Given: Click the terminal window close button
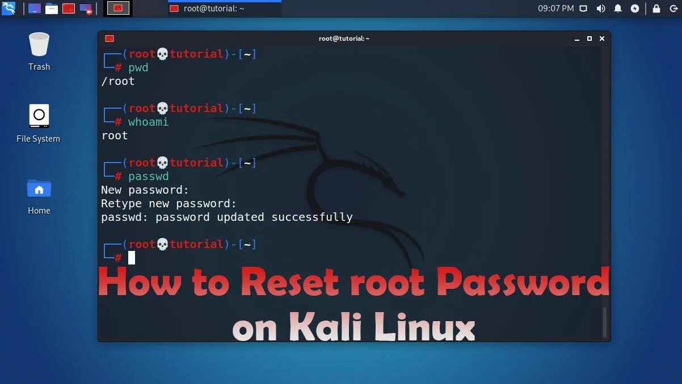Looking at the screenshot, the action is [602, 39].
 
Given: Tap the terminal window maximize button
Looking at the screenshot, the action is [590, 39].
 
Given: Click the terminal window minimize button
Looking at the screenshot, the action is [577, 39].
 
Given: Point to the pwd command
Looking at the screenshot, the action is [138, 68].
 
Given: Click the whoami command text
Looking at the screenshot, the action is [148, 122].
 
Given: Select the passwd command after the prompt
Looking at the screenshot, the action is [148, 177].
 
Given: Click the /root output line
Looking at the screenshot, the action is [118, 82].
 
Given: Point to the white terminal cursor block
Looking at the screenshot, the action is [132, 258].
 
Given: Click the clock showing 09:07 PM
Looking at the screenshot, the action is [555, 8].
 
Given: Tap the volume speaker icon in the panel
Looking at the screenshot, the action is [601, 8].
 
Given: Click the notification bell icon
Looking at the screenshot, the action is [618, 8].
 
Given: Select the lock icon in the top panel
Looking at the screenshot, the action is [656, 8].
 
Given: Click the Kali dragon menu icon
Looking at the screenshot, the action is [9, 8].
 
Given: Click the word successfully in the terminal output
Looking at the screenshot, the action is [312, 217].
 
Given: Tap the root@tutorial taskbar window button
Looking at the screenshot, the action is [224, 8].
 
